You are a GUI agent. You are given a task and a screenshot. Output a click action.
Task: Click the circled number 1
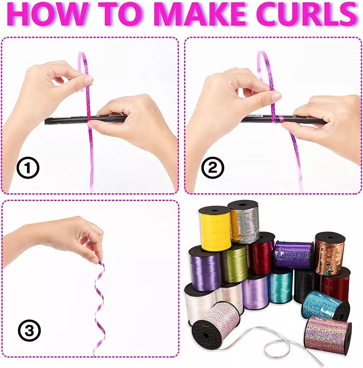(28, 168)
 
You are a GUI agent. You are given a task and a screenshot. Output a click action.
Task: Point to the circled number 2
(213, 168)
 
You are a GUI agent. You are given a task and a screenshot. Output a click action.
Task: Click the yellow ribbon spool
(215, 228)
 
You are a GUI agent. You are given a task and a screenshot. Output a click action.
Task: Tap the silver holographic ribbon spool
(244, 222)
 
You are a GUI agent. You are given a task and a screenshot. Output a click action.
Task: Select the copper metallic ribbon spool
(330, 253)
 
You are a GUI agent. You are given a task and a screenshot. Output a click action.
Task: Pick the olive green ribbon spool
(234, 264)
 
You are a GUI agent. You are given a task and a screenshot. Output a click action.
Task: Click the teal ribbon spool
(280, 286)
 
